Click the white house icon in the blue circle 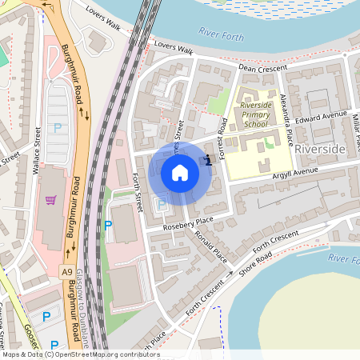pos(180,173)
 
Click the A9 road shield pos(68,271)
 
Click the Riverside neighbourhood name pos(319,150)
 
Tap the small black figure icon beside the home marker pos(208,159)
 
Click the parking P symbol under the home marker pos(162,205)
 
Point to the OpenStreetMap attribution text pos(70,354)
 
